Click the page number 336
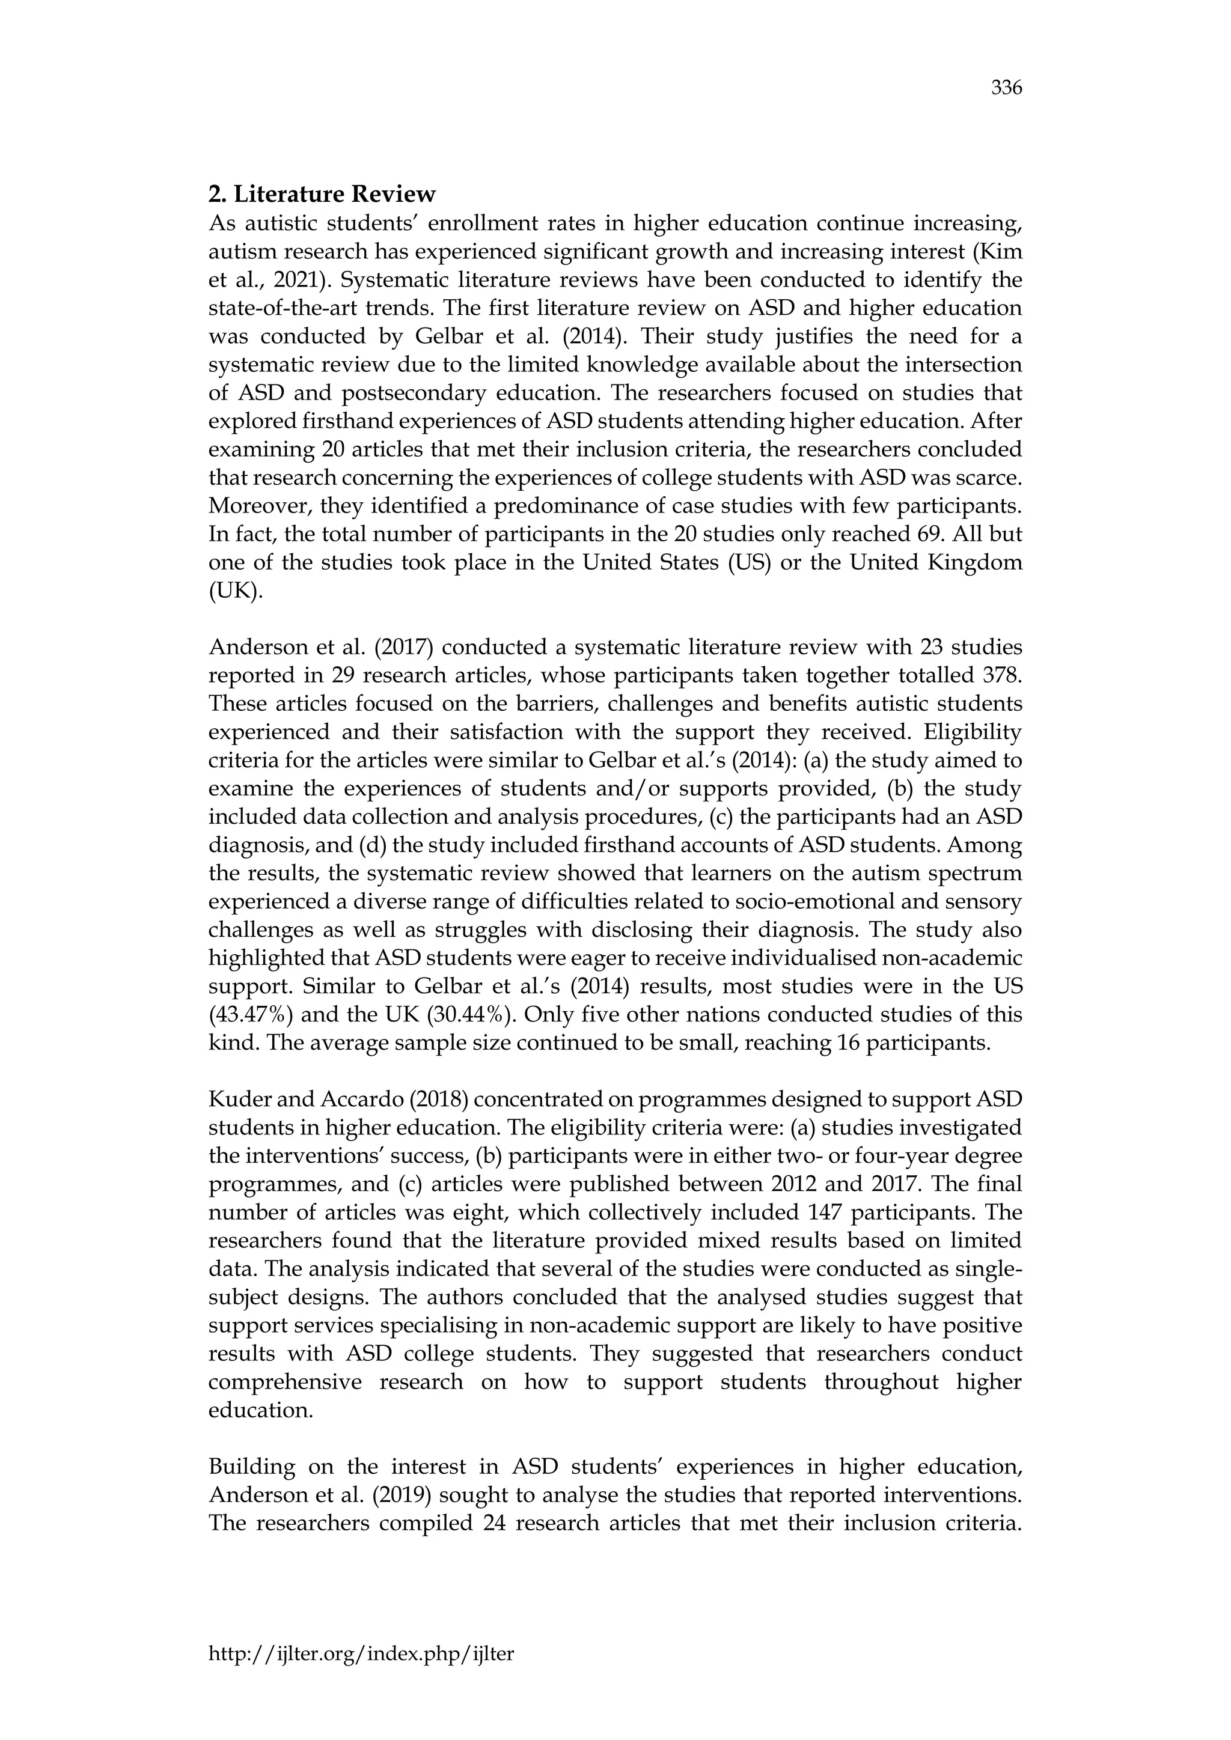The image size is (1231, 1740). click(x=1007, y=89)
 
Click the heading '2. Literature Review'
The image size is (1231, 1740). click(x=322, y=195)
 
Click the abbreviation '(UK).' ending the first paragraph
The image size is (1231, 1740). click(x=236, y=591)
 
